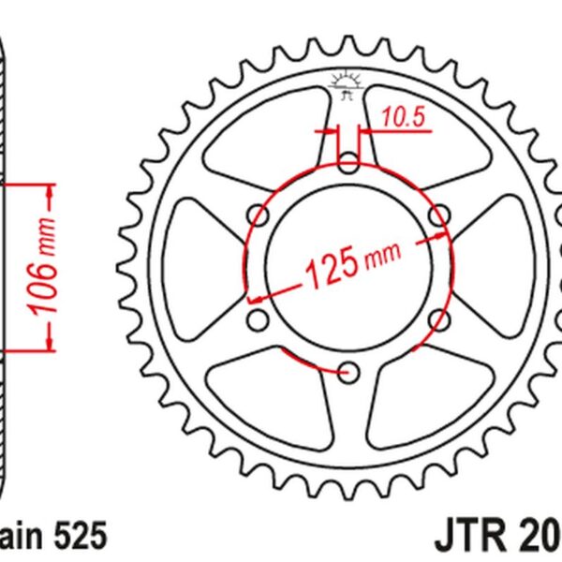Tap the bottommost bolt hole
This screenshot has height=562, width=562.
click(x=348, y=373)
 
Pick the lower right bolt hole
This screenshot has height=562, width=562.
click(x=437, y=321)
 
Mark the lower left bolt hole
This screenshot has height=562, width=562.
click(x=259, y=321)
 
